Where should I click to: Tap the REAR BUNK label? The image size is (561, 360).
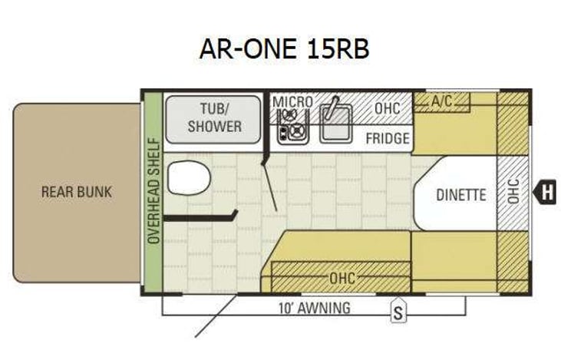coord(76,192)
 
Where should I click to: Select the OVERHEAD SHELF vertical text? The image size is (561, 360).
coord(153,192)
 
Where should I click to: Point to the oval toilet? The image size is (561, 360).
coord(189,179)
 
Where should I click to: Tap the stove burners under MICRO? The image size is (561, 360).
coord(291,125)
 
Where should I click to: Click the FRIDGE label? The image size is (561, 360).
coord(387,139)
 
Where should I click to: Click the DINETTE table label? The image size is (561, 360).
coord(460,195)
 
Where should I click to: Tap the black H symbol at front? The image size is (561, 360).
coord(546,192)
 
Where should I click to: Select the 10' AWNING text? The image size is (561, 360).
coord(314,309)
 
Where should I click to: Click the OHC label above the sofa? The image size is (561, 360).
coord(342,278)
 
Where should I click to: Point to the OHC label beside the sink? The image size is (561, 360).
coord(387,108)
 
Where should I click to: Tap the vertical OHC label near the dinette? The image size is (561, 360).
coord(513,191)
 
